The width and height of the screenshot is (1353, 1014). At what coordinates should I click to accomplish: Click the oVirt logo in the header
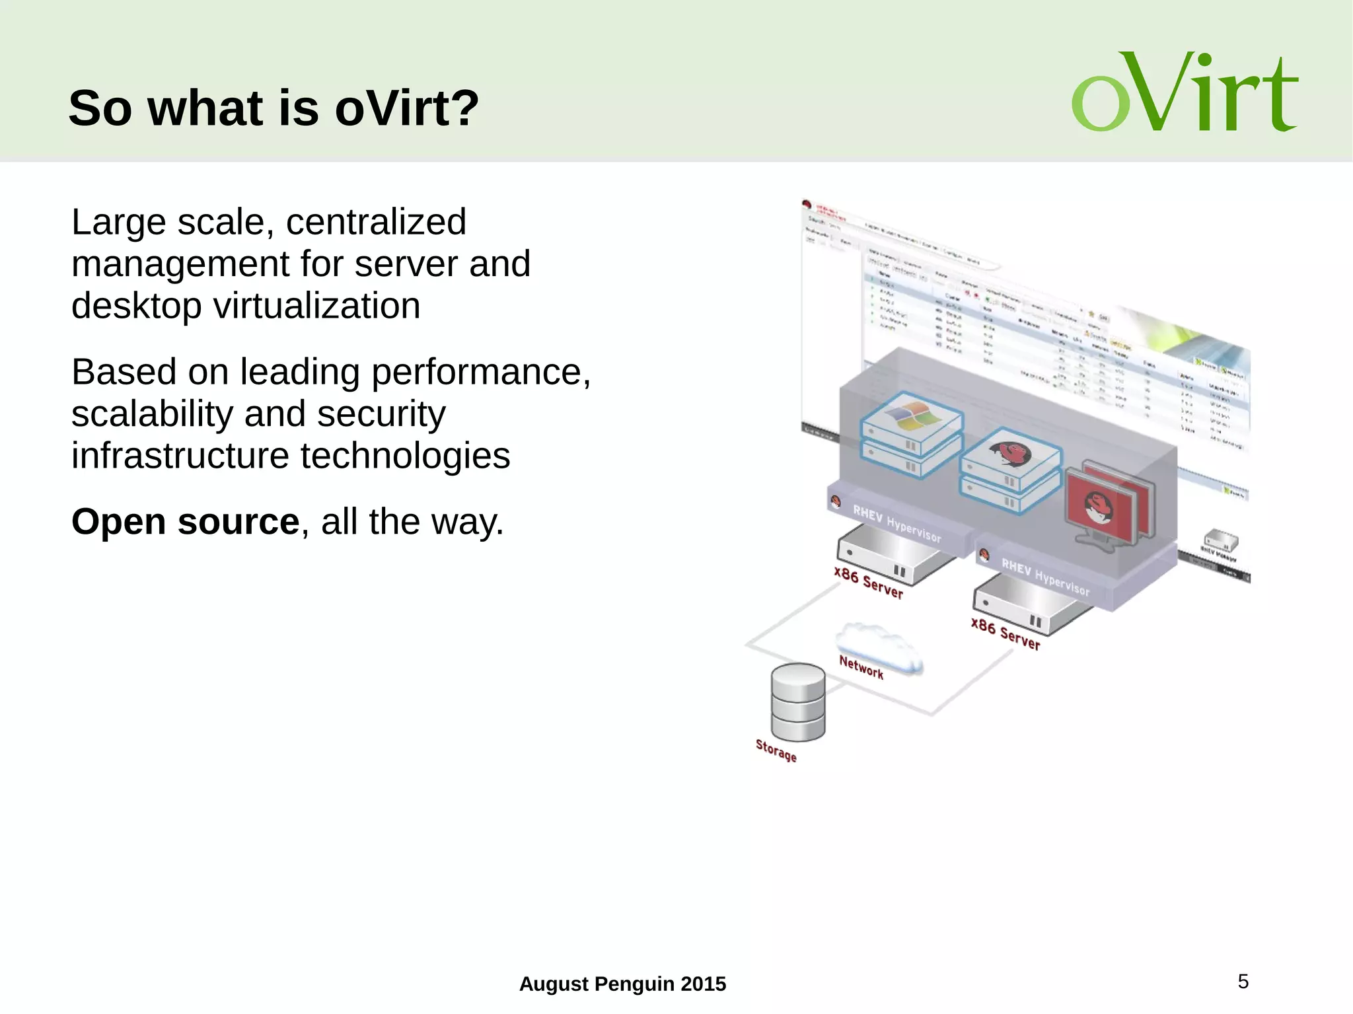point(1184,92)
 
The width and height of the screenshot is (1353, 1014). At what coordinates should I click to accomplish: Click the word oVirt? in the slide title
point(406,108)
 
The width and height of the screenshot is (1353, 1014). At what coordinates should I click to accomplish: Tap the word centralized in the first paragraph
point(376,222)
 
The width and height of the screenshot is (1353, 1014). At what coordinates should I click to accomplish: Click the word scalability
point(152,414)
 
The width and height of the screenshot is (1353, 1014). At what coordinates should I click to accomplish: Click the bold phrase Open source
point(186,522)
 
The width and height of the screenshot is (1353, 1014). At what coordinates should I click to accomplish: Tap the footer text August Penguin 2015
point(622,984)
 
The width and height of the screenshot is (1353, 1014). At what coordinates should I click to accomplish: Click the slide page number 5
point(1243,982)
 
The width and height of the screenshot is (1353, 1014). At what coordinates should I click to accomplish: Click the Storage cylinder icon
point(798,702)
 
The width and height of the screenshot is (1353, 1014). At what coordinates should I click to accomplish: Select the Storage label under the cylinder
point(776,750)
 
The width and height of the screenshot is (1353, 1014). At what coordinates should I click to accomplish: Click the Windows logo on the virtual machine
point(912,414)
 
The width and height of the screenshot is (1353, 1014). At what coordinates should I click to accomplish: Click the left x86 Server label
point(868,582)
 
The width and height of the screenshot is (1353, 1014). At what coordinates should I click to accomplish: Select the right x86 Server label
point(1005,634)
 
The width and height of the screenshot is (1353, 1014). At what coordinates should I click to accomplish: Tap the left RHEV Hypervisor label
point(896,523)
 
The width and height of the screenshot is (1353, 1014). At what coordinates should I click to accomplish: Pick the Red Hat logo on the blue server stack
point(1011,453)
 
